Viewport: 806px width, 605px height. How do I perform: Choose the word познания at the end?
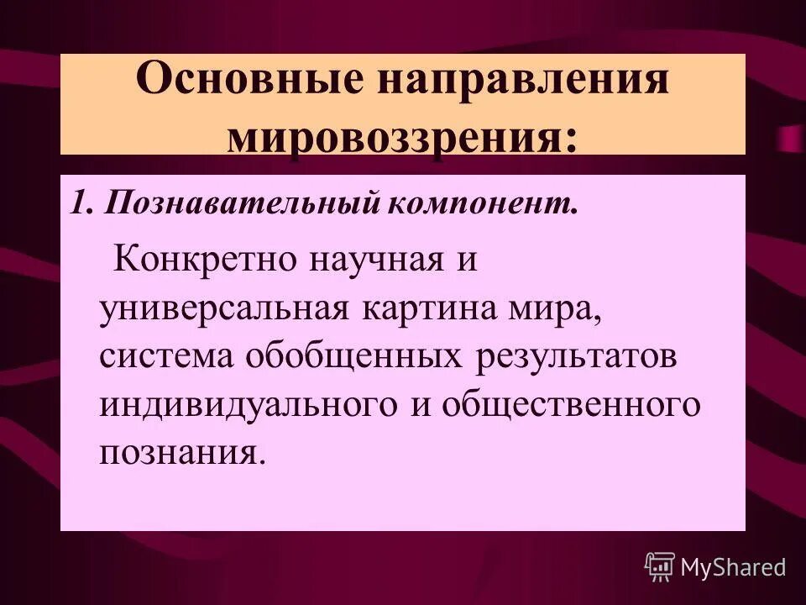(181, 454)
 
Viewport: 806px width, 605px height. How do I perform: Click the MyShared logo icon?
(660, 567)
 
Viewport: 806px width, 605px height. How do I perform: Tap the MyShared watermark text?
(734, 567)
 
